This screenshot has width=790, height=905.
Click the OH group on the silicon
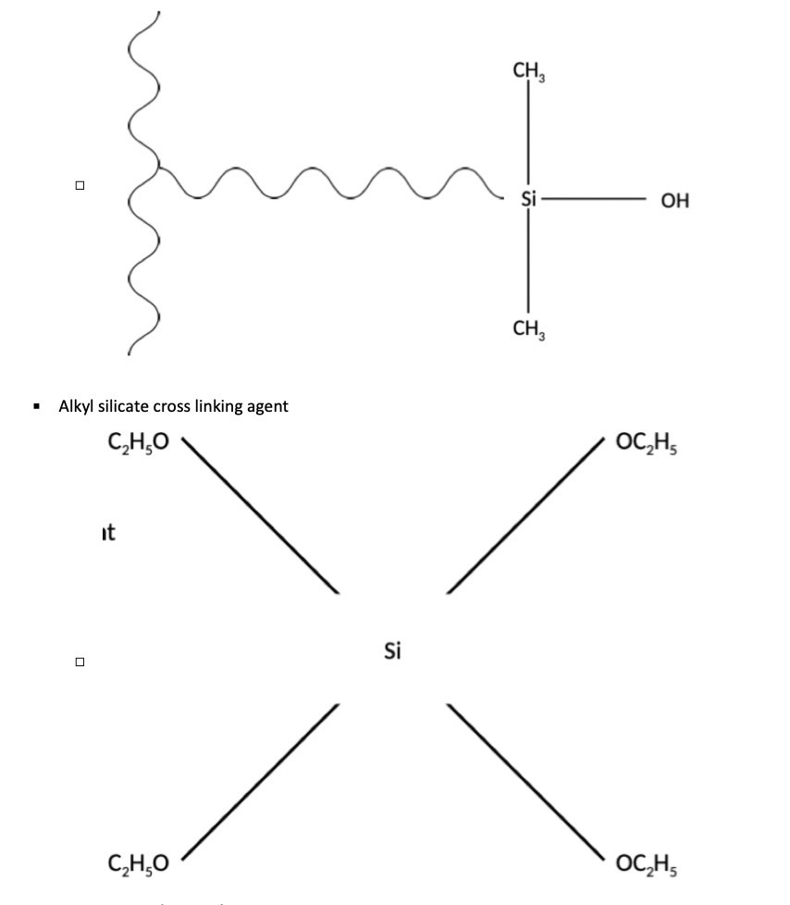click(x=675, y=200)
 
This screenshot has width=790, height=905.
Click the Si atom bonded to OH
click(x=528, y=199)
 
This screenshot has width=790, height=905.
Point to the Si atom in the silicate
click(x=392, y=651)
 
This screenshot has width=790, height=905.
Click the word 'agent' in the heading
click(x=266, y=405)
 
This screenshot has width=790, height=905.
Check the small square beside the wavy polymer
click(x=80, y=186)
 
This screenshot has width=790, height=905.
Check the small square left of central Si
click(x=80, y=662)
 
